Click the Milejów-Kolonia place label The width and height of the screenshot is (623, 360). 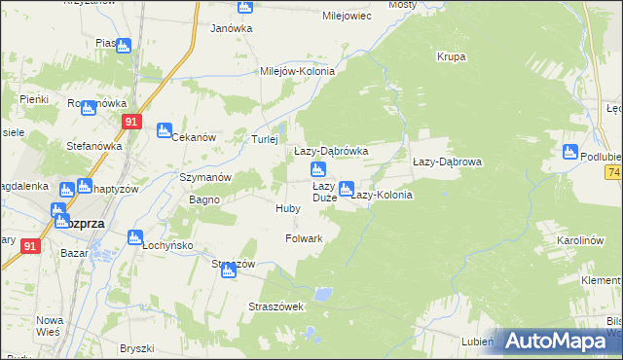point(297,71)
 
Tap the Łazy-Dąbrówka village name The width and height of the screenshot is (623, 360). point(331,152)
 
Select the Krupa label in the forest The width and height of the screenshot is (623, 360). point(451,56)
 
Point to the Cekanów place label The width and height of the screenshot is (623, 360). point(193,137)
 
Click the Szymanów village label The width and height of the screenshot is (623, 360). point(204,177)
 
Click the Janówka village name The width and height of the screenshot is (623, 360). point(232,28)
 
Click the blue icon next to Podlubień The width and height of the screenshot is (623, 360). point(570,151)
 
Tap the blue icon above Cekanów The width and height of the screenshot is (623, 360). point(165,128)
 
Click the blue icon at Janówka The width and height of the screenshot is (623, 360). point(244,7)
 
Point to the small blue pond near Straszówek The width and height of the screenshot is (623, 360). point(325,291)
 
